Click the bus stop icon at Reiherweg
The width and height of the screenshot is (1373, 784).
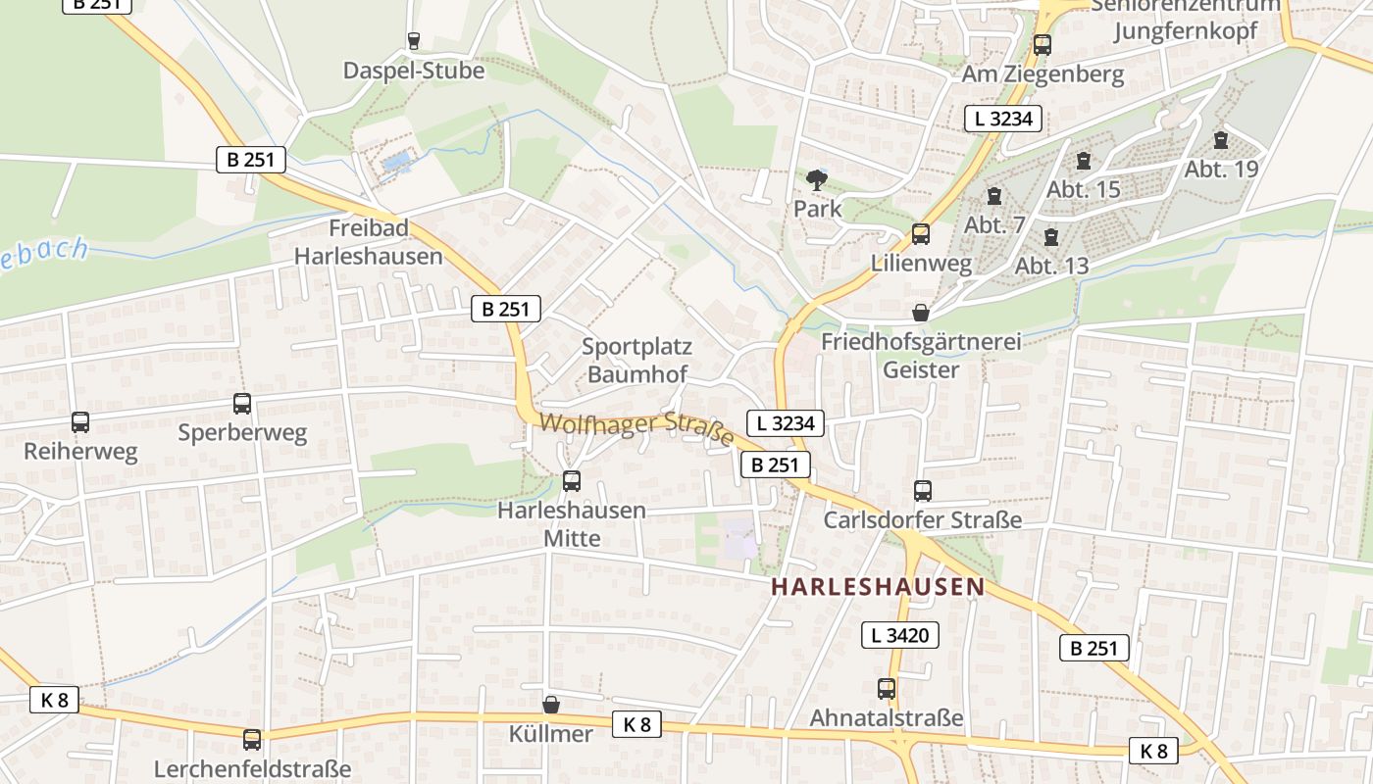80,422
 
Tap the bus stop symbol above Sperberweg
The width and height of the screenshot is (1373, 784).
241,403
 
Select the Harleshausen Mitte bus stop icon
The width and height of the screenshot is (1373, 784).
572,481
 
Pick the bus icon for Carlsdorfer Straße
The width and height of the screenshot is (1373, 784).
923,491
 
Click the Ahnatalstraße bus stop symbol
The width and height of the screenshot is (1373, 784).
887,689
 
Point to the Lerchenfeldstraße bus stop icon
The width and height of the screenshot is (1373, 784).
252,740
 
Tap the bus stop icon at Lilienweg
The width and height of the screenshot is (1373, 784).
921,234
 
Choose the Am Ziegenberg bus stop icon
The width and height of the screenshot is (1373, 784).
1042,45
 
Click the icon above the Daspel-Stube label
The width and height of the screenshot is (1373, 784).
414,41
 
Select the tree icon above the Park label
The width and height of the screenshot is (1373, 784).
816,180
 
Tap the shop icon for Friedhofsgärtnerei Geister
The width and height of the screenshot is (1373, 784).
921,313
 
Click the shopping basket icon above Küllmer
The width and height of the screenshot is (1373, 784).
551,705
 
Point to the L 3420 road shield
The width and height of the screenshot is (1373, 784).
900,635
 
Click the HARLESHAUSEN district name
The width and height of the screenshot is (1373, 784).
878,587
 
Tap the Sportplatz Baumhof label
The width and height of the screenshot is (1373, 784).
637,360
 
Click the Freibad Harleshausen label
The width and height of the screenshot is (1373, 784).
369,242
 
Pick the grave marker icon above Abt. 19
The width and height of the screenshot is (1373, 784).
1221,140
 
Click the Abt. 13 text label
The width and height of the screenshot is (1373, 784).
1052,266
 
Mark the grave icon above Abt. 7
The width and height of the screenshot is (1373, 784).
994,196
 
